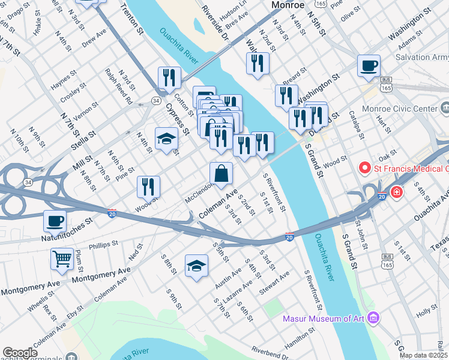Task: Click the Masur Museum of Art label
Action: click(x=325, y=318)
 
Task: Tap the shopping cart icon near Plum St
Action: click(x=62, y=260)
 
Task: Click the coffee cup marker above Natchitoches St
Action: click(x=55, y=221)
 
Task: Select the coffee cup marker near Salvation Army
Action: click(x=369, y=66)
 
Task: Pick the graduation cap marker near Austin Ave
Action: click(x=196, y=265)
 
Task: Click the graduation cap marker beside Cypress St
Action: click(x=167, y=140)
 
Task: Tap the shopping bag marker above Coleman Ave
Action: click(x=221, y=174)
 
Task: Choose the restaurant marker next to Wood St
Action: click(x=149, y=187)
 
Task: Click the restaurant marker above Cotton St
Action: click(x=170, y=78)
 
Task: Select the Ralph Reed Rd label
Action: click(x=118, y=86)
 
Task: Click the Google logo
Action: click(x=20, y=353)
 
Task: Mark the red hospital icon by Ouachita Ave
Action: click(x=396, y=193)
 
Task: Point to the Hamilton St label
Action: click(x=300, y=335)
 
